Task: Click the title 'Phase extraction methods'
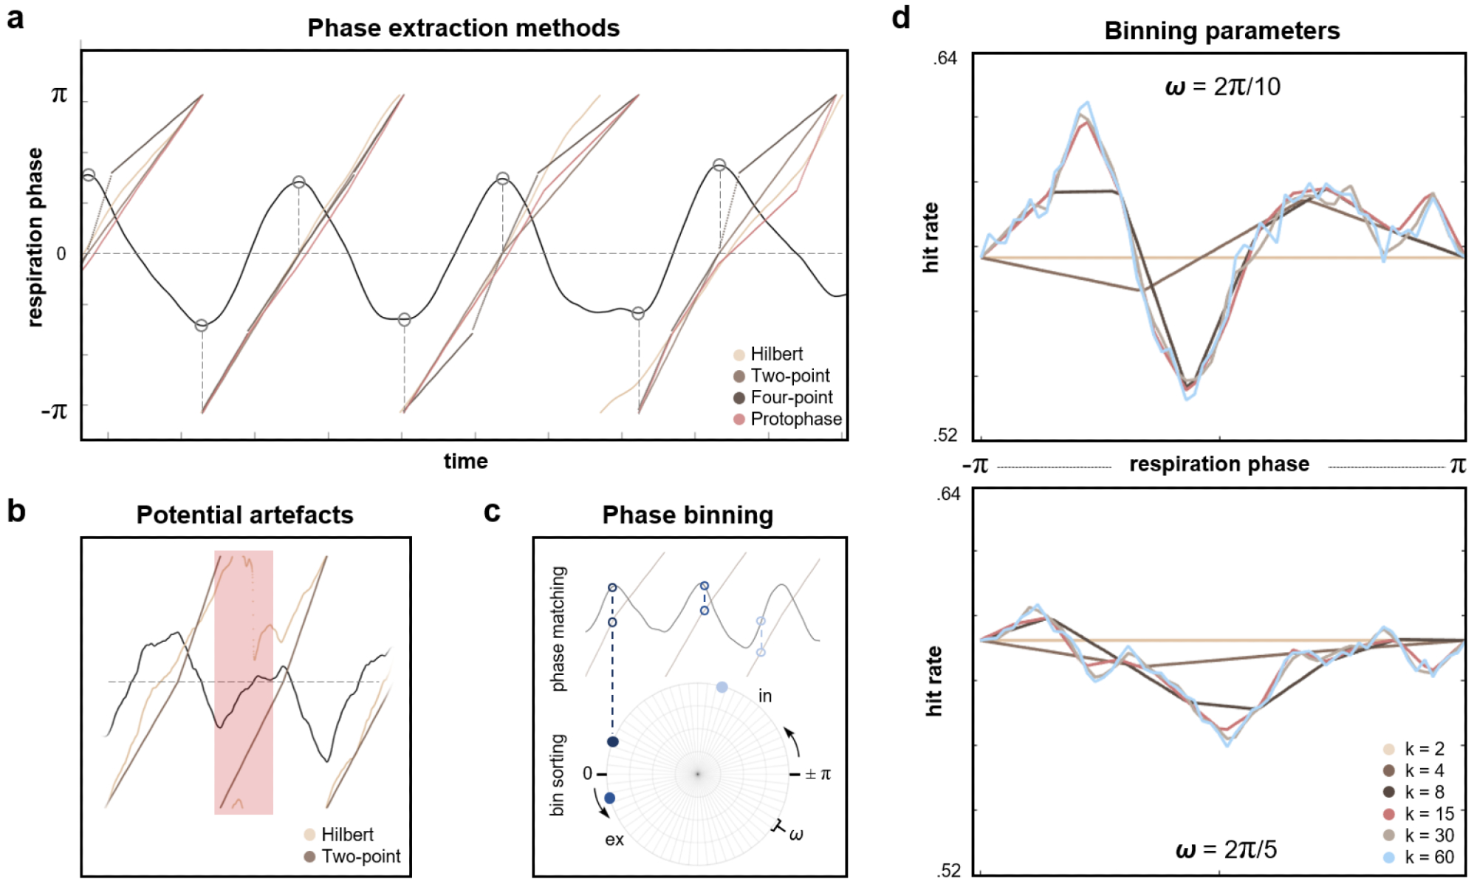(x=463, y=28)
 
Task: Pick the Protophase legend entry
(x=787, y=419)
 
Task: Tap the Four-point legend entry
(x=783, y=398)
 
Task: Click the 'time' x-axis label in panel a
(x=465, y=462)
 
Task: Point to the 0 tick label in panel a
(x=61, y=254)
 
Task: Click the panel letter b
(x=16, y=511)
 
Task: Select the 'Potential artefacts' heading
(x=244, y=515)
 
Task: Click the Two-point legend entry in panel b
(x=352, y=857)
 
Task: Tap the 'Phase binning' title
(x=688, y=515)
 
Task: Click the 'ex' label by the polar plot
(x=614, y=840)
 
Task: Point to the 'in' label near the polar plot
(x=765, y=696)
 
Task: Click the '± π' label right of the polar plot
(x=818, y=774)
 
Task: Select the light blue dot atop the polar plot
(x=722, y=688)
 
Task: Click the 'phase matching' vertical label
(x=559, y=629)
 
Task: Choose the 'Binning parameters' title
(x=1221, y=31)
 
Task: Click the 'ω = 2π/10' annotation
(x=1222, y=87)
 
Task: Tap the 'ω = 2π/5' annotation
(x=1226, y=850)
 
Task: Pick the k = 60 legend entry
(x=1419, y=857)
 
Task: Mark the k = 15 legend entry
(x=1419, y=814)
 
